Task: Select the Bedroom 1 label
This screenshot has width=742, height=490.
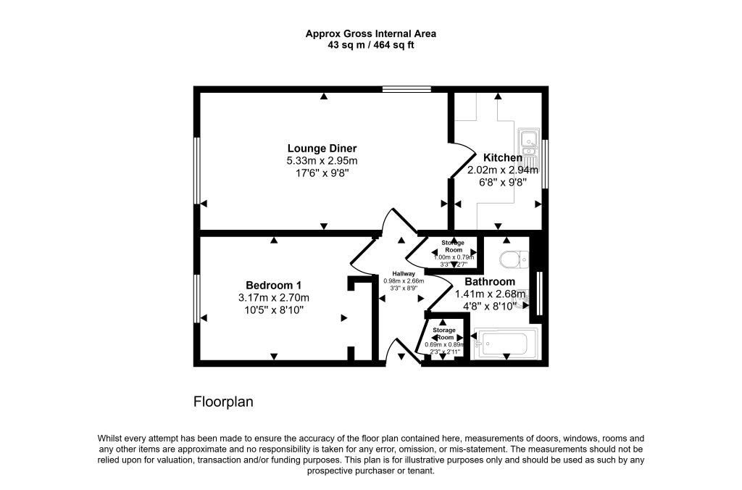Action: click(x=273, y=285)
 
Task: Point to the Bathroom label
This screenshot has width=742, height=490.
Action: click(x=490, y=282)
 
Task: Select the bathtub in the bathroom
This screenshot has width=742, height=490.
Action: click(x=506, y=344)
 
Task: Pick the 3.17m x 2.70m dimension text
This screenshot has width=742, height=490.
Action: click(x=273, y=297)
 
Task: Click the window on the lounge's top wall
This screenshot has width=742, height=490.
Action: click(x=407, y=90)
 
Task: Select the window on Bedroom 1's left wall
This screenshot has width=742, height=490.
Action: click(x=196, y=298)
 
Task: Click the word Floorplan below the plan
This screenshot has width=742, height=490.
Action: click(x=223, y=402)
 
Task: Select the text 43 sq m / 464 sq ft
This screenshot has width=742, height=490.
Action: click(x=370, y=45)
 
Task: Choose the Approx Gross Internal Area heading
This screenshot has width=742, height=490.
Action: click(x=370, y=33)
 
